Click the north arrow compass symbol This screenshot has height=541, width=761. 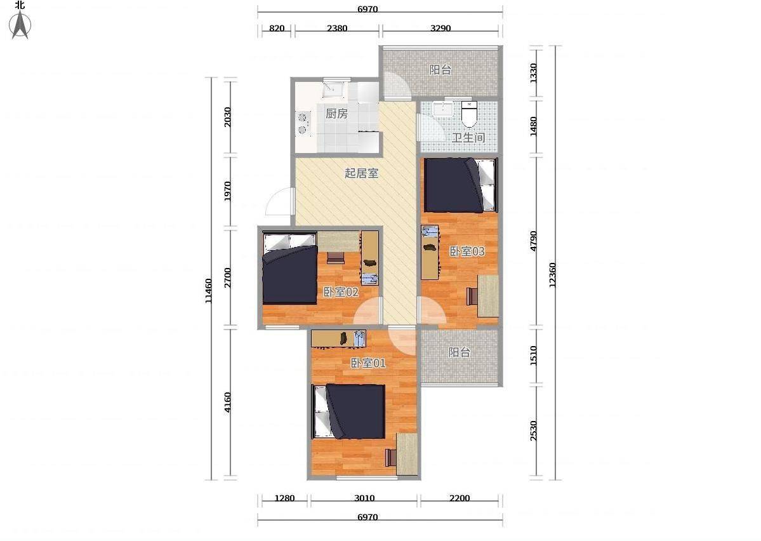(x=20, y=25)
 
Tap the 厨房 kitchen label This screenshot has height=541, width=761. (x=336, y=114)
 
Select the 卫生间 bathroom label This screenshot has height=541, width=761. (x=468, y=137)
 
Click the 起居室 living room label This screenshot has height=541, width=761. (x=362, y=173)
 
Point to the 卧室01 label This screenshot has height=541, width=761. (x=368, y=363)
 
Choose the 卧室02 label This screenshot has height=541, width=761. (x=341, y=292)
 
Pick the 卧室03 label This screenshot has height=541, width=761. (x=467, y=251)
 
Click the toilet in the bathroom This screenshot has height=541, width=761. (x=469, y=113)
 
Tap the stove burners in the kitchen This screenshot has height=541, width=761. (x=303, y=123)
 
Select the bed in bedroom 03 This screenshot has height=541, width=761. (x=461, y=185)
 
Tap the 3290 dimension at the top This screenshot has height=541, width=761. (x=440, y=28)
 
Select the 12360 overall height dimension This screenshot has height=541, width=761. (x=552, y=276)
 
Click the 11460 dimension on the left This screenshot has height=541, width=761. (x=208, y=290)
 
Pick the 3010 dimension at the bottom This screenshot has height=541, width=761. (x=364, y=498)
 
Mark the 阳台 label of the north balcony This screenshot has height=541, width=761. (x=440, y=70)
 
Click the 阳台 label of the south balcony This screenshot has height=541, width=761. (x=459, y=352)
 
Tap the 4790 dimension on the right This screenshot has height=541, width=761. (x=533, y=241)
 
